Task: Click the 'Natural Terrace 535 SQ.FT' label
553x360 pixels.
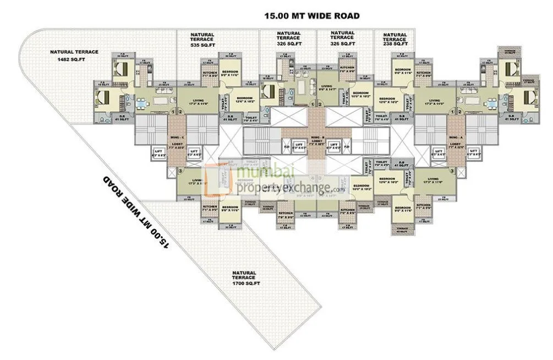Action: (202, 40)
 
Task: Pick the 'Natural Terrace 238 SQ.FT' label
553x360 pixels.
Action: (395, 40)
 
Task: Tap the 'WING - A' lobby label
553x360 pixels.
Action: (455, 138)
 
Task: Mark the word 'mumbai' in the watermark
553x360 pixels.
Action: (259, 173)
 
